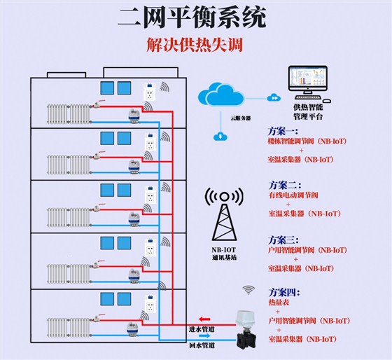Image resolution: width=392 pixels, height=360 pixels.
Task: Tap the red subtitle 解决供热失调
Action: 195,44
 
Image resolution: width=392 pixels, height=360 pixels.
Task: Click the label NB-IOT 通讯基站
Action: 224,253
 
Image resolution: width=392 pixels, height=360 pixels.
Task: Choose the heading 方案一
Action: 284,130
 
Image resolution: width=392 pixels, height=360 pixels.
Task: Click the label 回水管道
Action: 202,345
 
